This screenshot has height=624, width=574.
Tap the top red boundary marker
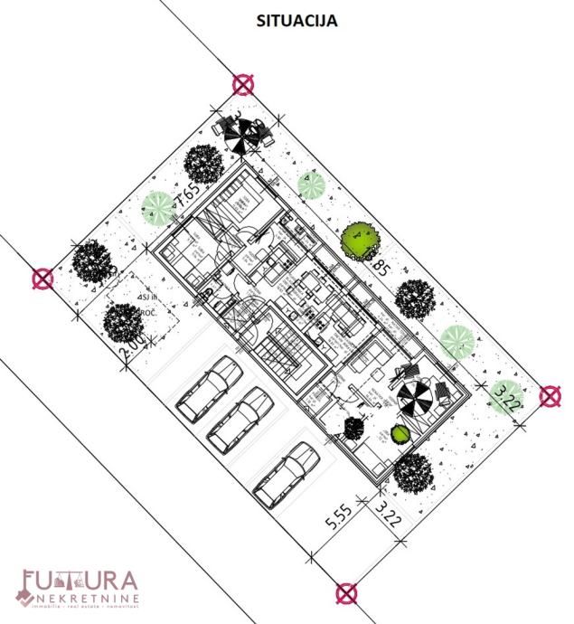coord(242,85)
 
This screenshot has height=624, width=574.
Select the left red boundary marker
coord(42,279)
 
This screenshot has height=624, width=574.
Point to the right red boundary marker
coord(549,396)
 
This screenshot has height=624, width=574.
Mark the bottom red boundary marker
coord(345,593)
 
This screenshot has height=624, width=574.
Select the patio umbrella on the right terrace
coord(418,399)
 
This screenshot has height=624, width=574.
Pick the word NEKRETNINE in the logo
coord(89,600)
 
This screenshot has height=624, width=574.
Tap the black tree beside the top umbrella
coord(203,165)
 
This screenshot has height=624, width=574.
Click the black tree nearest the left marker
coord(92,262)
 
